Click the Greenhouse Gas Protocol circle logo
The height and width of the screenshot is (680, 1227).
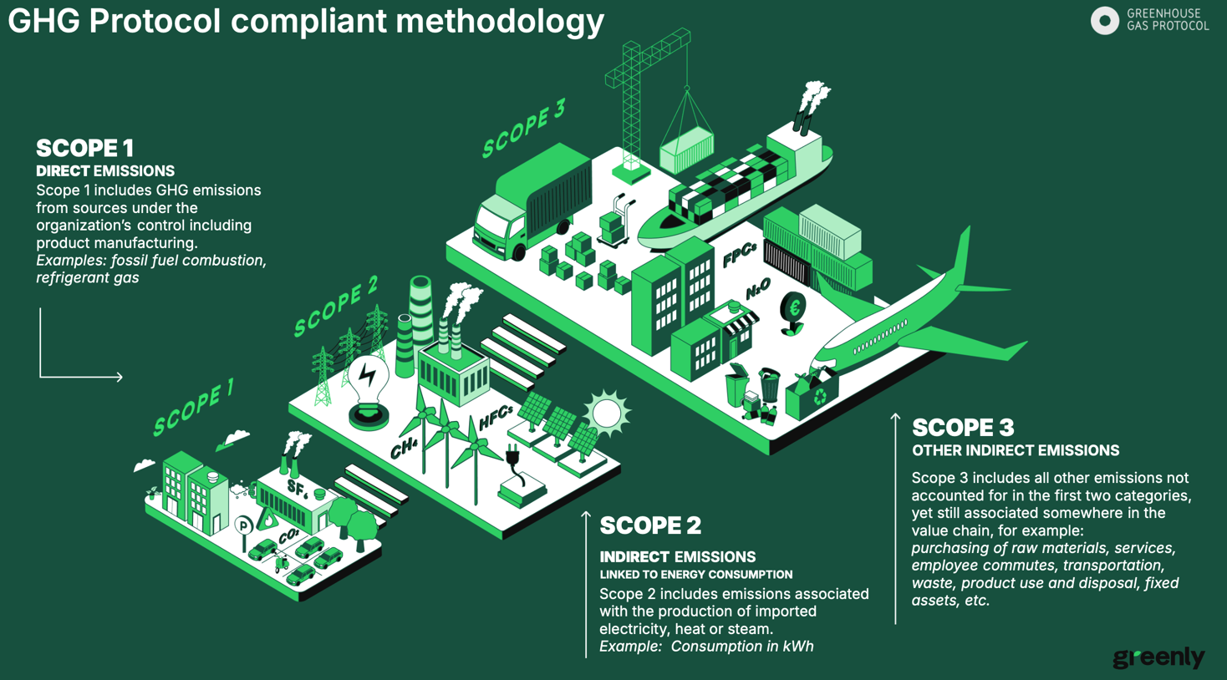point(1104,21)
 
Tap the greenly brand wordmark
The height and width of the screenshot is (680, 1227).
point(1158,657)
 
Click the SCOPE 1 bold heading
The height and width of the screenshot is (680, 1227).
point(84,149)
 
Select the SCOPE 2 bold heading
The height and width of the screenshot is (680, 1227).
point(650,525)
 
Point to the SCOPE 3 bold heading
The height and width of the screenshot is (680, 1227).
point(963,428)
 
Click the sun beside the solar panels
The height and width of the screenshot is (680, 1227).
point(607,413)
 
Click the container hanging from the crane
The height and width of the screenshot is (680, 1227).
point(687,150)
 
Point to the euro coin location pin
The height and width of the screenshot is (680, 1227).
point(793,310)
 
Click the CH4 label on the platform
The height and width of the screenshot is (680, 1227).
point(404,448)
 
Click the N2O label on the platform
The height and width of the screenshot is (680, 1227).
point(757,289)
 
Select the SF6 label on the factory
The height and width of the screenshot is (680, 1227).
point(297,487)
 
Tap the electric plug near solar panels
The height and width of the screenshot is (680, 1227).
point(513,458)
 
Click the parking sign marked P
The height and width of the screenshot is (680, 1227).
point(243,525)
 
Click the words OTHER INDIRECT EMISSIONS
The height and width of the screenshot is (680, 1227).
point(1015,451)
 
